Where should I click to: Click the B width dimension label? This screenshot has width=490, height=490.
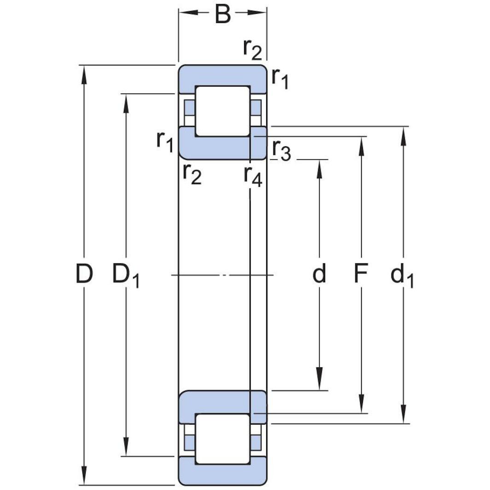222,14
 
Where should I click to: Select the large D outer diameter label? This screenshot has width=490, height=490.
84,274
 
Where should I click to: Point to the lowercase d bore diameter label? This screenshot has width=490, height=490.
319,274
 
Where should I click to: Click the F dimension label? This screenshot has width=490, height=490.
361,274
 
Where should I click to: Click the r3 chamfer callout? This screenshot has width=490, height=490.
281,150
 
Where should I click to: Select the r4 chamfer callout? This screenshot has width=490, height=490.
253,176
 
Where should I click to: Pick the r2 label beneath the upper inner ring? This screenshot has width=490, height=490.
192,174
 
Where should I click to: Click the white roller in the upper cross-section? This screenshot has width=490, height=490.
222,111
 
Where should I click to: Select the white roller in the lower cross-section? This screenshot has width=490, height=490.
222,438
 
